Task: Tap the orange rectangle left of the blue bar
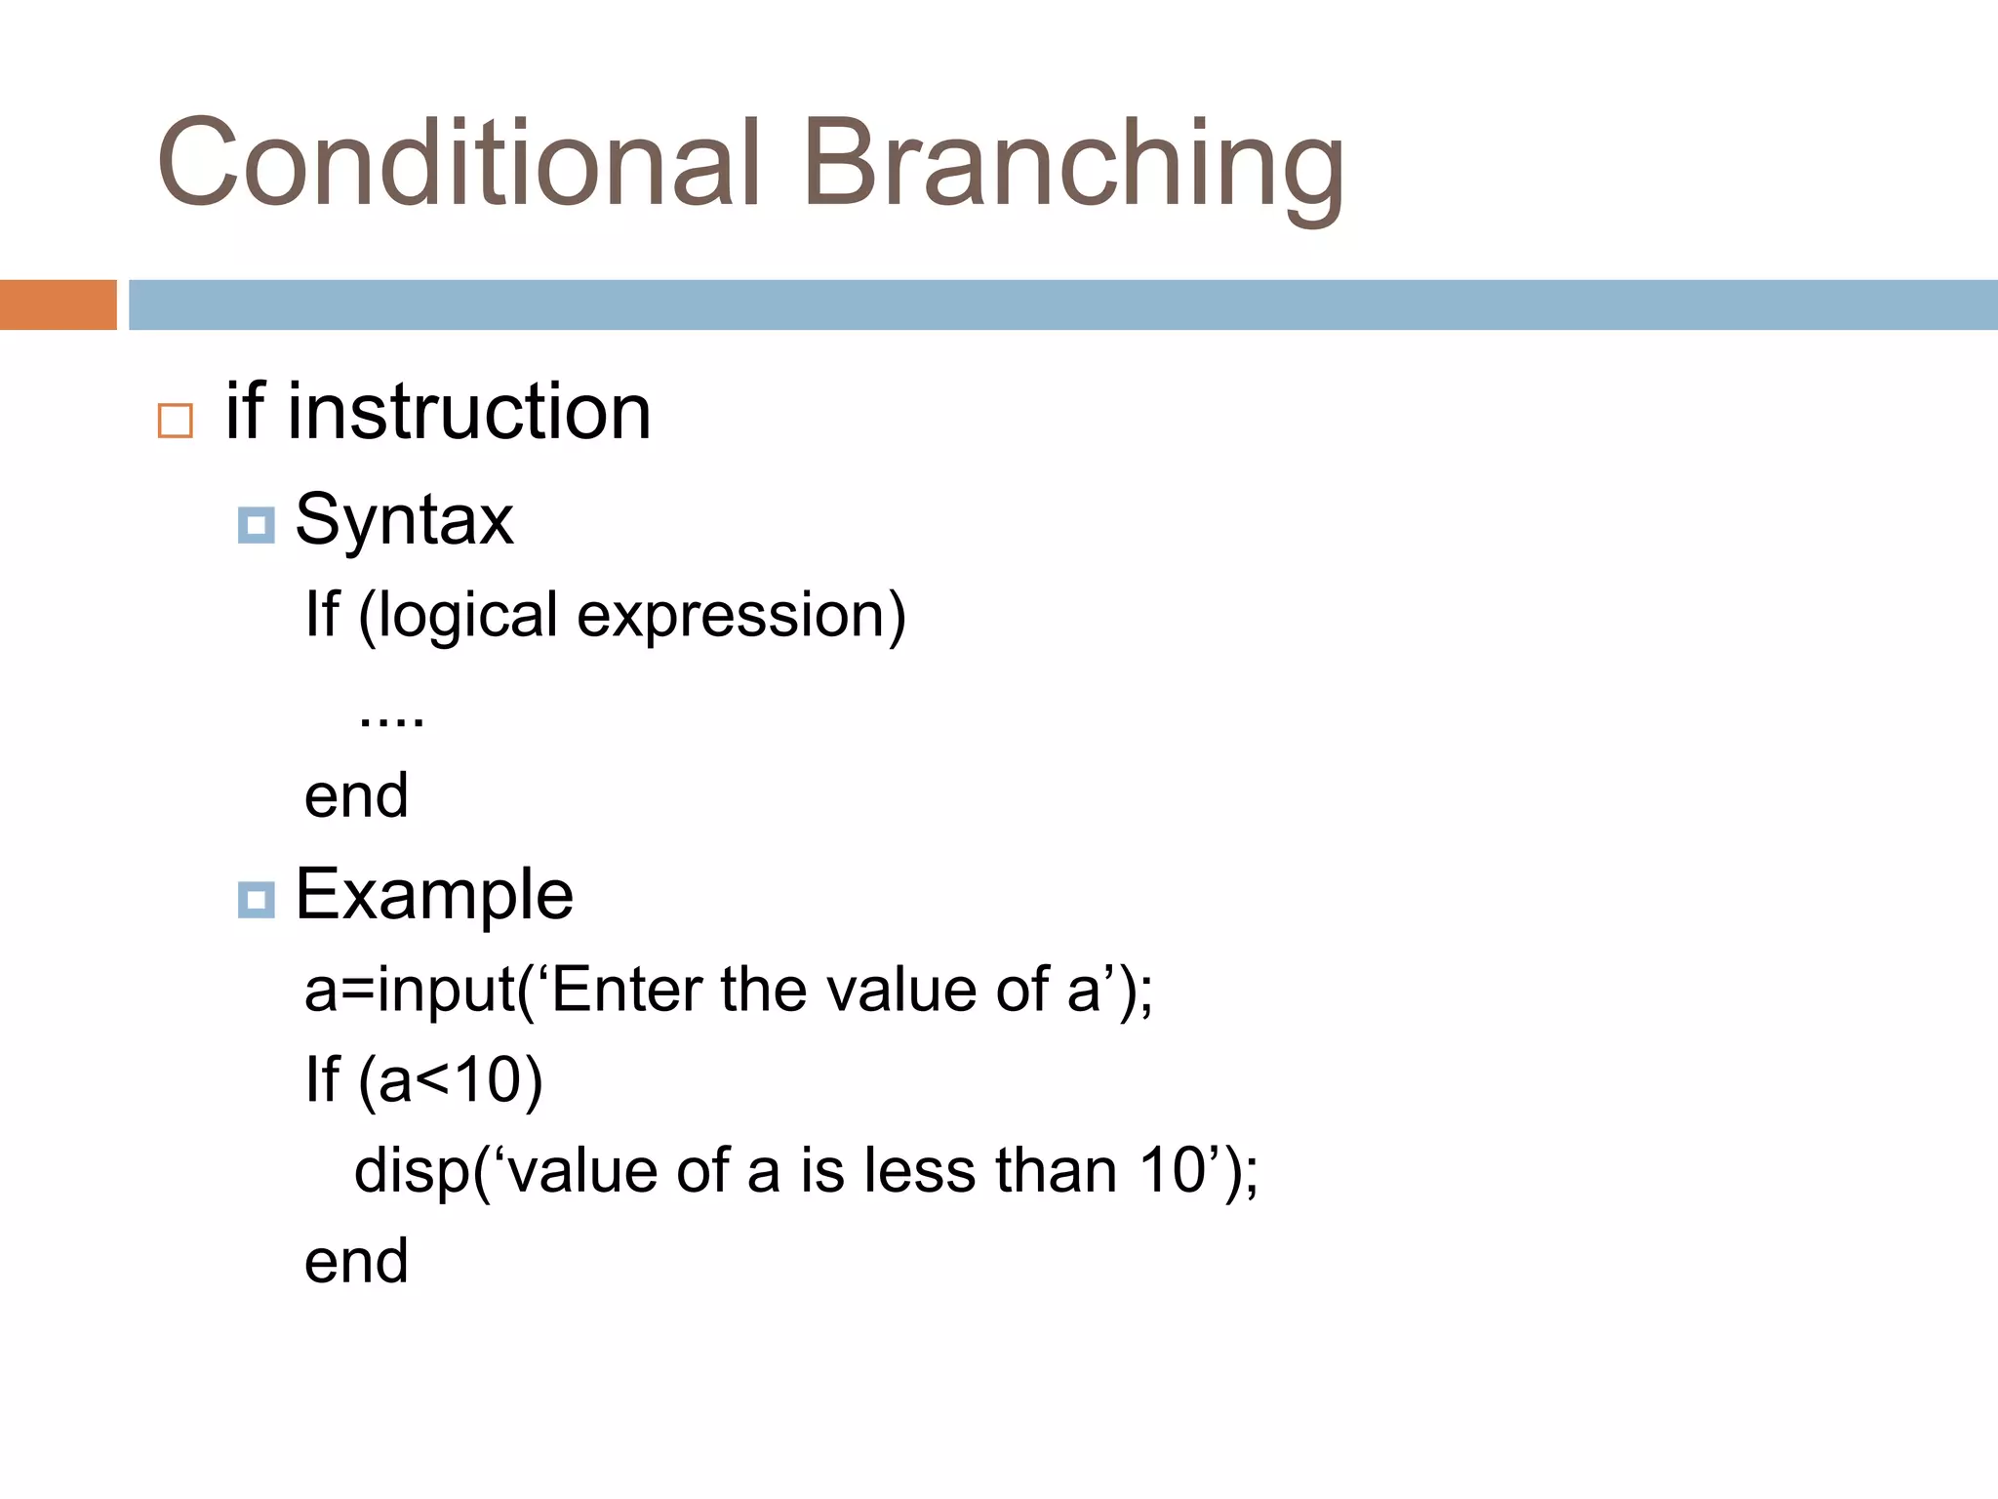click(58, 304)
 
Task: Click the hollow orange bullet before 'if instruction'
click(176, 422)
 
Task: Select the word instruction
click(468, 412)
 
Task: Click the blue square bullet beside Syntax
click(256, 526)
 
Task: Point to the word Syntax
click(404, 521)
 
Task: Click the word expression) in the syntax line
click(741, 617)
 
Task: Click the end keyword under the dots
click(356, 795)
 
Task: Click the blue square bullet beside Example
click(256, 899)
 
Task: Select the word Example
click(434, 896)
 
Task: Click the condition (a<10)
click(450, 1081)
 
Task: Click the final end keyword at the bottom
click(356, 1261)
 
